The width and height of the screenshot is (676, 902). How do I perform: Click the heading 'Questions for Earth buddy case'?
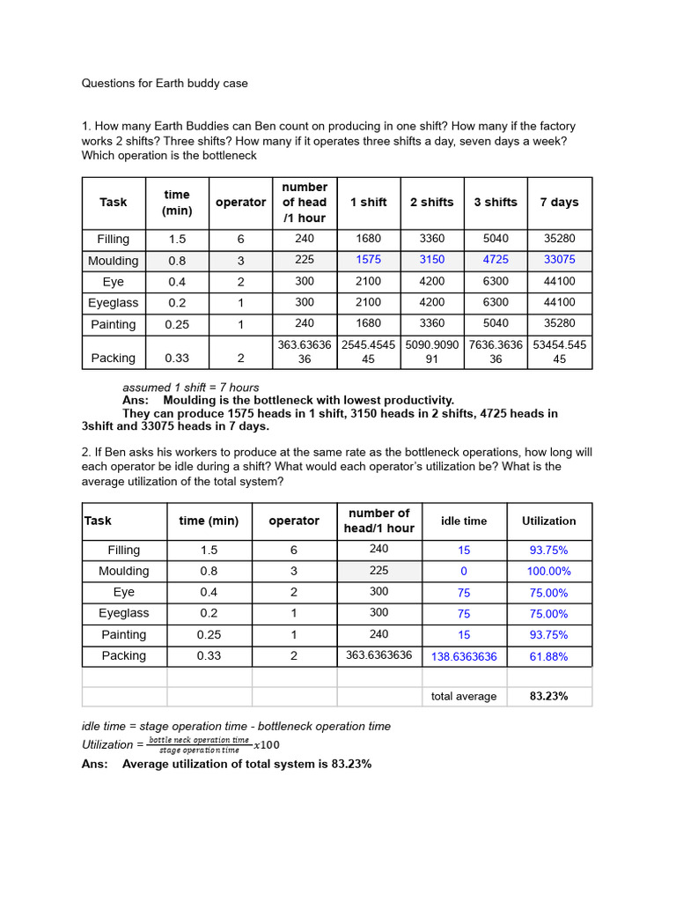point(165,84)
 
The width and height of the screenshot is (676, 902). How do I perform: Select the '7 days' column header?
point(559,202)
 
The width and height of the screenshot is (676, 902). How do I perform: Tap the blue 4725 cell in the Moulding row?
point(495,260)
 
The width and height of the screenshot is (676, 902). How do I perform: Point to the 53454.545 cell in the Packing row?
point(559,351)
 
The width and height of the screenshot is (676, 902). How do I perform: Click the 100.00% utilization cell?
point(548,572)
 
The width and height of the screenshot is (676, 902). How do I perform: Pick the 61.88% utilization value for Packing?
point(548,656)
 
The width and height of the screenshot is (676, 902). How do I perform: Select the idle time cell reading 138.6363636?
point(464,656)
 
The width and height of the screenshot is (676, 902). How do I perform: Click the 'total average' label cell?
point(464,696)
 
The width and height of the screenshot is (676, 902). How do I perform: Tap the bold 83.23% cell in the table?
point(548,696)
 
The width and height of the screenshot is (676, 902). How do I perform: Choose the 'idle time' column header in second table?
point(464,521)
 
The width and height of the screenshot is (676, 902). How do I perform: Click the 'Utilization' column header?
point(548,521)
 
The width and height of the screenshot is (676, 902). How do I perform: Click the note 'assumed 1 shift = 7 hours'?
point(191,388)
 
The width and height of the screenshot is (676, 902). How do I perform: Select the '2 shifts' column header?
point(431,202)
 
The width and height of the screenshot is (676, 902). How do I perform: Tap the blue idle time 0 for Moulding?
point(464,572)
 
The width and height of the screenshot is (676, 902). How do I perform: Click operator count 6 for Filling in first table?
point(240,239)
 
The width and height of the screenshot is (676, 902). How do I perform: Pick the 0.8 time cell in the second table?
point(209,571)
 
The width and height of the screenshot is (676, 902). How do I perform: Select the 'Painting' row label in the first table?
point(113,324)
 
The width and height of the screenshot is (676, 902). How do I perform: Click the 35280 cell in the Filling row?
point(559,239)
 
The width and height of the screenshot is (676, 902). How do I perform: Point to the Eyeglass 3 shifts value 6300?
point(495,302)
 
